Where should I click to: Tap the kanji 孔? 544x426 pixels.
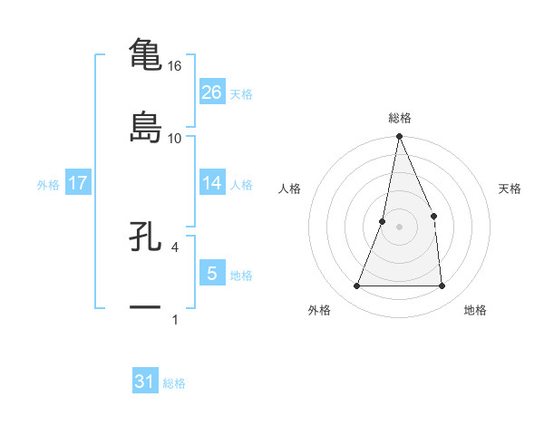pyautogui.click(x=145, y=237)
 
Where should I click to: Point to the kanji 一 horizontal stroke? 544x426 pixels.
pyautogui.click(x=145, y=308)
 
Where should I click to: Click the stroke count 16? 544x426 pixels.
pyautogui.click(x=175, y=66)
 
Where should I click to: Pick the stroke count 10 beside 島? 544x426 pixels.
pyautogui.click(x=175, y=138)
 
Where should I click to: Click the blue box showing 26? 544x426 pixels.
pyautogui.click(x=212, y=92)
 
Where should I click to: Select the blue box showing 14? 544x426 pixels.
pyautogui.click(x=212, y=183)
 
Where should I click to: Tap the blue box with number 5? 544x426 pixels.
pyautogui.click(x=212, y=273)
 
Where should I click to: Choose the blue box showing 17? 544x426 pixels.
pyautogui.click(x=78, y=183)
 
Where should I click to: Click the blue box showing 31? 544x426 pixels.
pyautogui.click(x=145, y=382)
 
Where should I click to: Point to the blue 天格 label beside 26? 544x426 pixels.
pyautogui.click(x=241, y=93)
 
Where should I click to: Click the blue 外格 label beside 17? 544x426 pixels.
pyautogui.click(x=48, y=184)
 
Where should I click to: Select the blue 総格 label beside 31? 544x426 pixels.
pyautogui.click(x=174, y=383)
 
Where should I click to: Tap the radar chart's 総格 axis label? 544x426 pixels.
pyautogui.click(x=400, y=118)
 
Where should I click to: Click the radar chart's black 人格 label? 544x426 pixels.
pyautogui.click(x=290, y=189)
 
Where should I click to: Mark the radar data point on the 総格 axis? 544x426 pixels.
pyautogui.click(x=400, y=138)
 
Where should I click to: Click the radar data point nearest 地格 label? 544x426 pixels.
pyautogui.click(x=442, y=286)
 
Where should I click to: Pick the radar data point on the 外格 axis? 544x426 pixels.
pyautogui.click(x=357, y=286)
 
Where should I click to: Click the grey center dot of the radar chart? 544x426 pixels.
pyautogui.click(x=400, y=227)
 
